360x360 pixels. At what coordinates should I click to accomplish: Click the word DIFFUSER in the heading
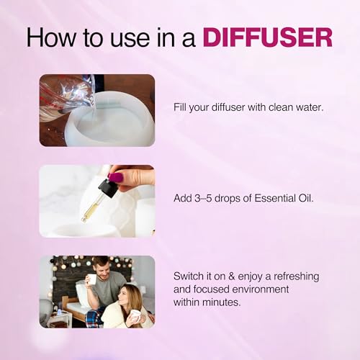[268, 38]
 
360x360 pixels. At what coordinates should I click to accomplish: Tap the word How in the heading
[51, 38]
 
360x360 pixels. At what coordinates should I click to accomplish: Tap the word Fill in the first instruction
[180, 107]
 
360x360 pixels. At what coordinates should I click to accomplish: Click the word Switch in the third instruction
[187, 276]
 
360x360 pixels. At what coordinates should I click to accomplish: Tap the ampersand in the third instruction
[231, 276]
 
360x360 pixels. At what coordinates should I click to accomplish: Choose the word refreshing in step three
[297, 277]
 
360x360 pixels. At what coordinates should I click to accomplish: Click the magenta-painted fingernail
[115, 177]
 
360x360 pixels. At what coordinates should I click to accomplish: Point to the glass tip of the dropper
[83, 219]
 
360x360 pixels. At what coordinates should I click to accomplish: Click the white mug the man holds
[91, 279]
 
